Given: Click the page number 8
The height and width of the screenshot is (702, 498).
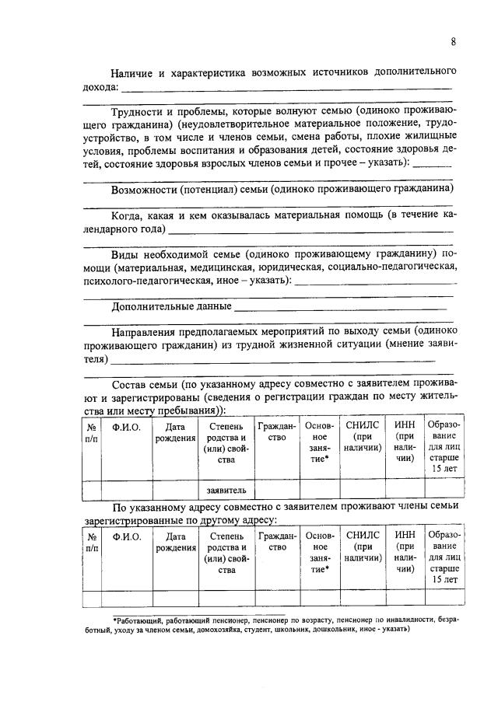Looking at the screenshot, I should pos(453,42).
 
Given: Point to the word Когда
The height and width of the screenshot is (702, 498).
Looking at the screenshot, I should pos(127,215).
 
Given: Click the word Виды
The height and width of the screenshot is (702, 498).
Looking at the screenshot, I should pos(124,253).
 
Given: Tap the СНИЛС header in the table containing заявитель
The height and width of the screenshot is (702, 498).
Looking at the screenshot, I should pos(363,426).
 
